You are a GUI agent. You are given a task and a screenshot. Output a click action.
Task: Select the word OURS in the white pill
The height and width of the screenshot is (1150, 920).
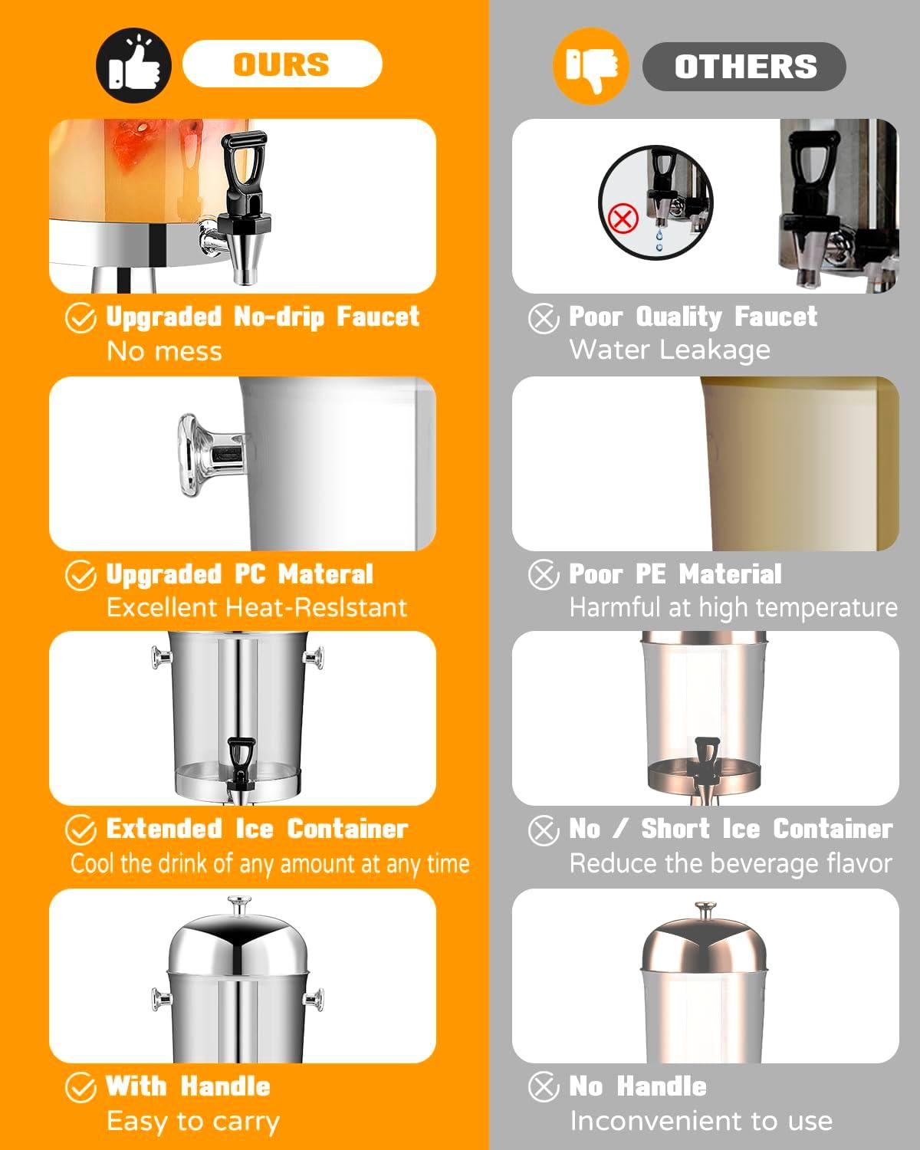tap(281, 64)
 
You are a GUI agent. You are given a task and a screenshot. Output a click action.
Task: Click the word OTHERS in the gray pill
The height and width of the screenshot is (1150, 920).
tap(746, 67)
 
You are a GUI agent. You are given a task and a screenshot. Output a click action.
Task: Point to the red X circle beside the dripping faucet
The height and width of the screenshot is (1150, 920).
tap(623, 219)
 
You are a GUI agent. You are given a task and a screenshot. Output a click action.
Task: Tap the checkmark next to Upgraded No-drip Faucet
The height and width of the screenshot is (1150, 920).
tap(80, 318)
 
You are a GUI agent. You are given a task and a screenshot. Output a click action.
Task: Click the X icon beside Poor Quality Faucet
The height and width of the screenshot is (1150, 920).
tap(544, 319)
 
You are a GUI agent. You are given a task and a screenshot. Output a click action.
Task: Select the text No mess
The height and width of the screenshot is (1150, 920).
tap(164, 352)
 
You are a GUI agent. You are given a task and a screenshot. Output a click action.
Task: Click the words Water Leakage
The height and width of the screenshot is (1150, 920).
tap(670, 350)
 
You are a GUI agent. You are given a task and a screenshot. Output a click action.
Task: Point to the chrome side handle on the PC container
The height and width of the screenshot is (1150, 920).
tap(211, 455)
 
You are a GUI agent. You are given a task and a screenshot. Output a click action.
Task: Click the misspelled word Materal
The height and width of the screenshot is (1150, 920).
tap(326, 574)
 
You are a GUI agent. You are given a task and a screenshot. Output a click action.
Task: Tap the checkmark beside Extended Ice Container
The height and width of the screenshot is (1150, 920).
tap(80, 830)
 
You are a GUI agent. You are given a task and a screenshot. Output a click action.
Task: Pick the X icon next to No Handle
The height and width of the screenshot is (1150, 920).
tap(544, 1086)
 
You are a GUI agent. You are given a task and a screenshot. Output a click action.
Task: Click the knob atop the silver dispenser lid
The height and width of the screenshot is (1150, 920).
tap(239, 905)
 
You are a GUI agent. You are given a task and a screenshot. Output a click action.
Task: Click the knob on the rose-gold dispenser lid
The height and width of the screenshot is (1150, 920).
tap(705, 911)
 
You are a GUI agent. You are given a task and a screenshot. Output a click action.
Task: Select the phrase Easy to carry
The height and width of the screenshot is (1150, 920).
tap(193, 1122)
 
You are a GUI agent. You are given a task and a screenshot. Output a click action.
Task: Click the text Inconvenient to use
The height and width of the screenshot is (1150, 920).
tap(701, 1121)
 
